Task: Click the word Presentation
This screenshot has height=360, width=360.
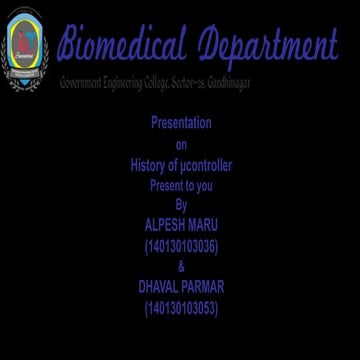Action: tap(181, 124)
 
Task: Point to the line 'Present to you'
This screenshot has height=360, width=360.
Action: tap(181, 185)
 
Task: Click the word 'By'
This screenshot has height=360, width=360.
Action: tap(181, 205)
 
